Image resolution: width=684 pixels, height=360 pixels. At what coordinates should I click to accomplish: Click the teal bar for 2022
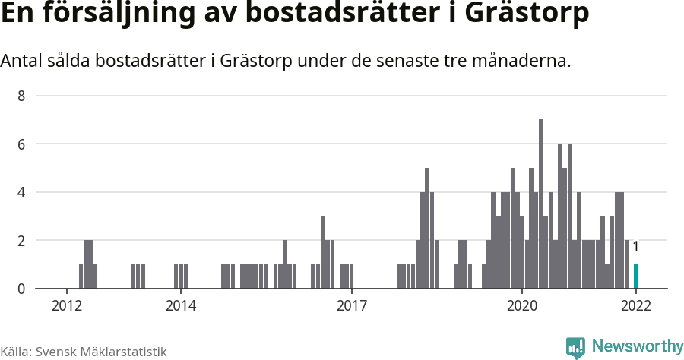click(636, 276)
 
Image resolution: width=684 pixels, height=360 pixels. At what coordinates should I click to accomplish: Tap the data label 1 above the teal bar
click(635, 247)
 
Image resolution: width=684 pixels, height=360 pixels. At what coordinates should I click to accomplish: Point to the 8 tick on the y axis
click(22, 96)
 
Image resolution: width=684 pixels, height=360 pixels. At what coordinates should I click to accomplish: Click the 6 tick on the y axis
click(22, 144)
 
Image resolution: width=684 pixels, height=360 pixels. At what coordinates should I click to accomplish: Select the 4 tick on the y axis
click(22, 193)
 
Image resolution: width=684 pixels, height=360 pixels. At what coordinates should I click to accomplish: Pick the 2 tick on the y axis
click(22, 241)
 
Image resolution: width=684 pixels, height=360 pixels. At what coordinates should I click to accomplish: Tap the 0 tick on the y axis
click(22, 289)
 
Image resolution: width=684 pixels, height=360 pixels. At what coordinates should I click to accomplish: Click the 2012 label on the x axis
click(67, 306)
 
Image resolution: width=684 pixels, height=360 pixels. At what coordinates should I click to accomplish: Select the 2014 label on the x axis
click(180, 306)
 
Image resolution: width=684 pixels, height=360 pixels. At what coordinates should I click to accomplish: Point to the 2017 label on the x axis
click(351, 306)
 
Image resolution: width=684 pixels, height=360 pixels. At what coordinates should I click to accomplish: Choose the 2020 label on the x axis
click(522, 306)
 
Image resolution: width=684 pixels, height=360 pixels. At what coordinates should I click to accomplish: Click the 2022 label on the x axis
click(636, 306)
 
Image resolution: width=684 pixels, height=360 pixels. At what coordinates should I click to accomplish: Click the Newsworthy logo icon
click(575, 347)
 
